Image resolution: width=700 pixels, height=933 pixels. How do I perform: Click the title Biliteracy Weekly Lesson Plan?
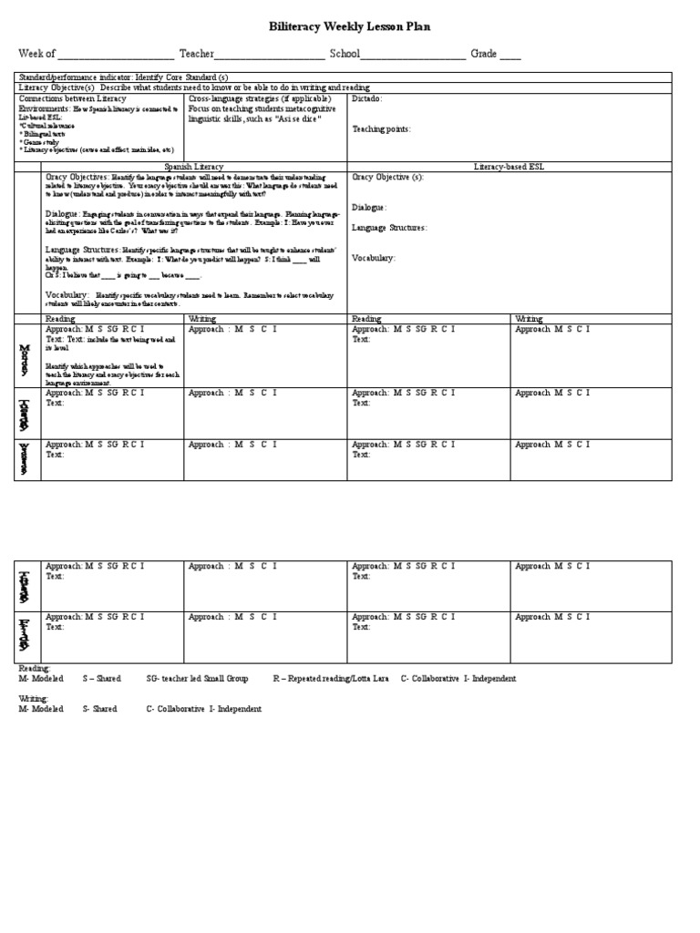[350, 27]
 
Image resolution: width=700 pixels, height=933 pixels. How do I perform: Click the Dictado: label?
[367, 98]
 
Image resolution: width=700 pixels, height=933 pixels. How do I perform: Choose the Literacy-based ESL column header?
[510, 168]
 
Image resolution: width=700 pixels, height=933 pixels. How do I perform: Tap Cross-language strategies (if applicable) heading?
[260, 98]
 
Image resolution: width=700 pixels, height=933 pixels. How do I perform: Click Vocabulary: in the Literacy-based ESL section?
[374, 259]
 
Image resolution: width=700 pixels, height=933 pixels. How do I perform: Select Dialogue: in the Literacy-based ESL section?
[370, 208]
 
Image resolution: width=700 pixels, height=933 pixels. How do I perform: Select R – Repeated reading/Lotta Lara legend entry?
[333, 679]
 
